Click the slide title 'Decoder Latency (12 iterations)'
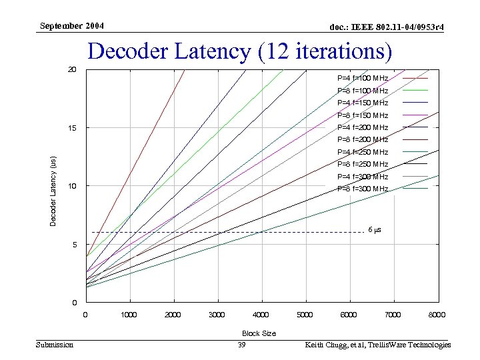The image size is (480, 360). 240,52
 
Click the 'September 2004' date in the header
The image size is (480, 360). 71,26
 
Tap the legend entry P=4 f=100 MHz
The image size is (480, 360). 363,79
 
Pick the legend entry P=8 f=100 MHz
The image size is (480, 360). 363,91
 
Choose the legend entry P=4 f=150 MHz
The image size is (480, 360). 363,103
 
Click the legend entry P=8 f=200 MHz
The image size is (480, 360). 363,139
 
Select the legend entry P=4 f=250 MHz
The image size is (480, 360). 363,152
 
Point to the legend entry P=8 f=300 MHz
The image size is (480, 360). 363,189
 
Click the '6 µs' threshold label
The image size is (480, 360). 375,230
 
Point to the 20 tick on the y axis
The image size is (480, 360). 72,69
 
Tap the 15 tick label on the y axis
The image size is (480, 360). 72,127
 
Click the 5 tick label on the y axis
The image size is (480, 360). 74,245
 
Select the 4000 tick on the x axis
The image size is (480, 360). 261,315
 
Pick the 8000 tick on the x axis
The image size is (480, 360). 437,315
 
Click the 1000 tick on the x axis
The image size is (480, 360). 129,315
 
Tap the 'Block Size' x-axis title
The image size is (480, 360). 259,333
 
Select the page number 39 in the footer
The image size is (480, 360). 242,345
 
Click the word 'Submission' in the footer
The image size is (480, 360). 55,345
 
